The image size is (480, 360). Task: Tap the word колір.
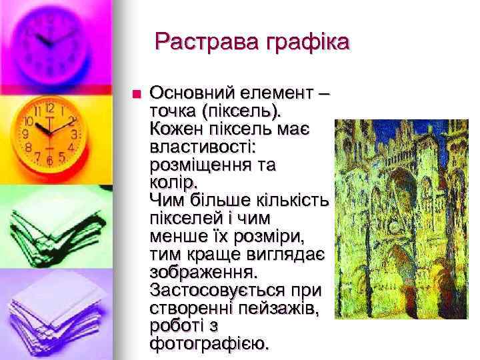pyautogui.click(x=174, y=181)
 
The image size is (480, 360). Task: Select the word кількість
pyautogui.click(x=293, y=199)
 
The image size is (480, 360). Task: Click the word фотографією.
pyautogui.click(x=211, y=345)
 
